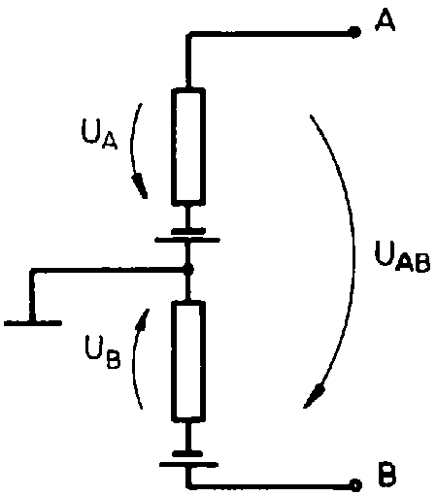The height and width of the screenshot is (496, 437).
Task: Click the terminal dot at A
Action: tap(354, 32)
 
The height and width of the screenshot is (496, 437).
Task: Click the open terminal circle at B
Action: tap(355, 485)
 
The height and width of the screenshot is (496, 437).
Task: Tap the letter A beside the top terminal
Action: tap(385, 20)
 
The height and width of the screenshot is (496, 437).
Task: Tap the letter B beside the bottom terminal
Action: tap(387, 475)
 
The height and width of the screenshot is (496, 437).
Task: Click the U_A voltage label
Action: tap(99, 134)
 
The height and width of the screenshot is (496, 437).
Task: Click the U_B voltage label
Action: tap(103, 351)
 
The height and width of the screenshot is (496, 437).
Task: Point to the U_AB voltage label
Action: tap(402, 256)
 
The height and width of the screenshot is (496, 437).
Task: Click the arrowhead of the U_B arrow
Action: tap(143, 319)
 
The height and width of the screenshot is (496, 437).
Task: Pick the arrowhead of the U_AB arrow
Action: tap(314, 396)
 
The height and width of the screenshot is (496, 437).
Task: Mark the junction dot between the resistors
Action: tap(188, 269)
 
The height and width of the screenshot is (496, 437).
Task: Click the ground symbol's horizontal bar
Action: tap(33, 322)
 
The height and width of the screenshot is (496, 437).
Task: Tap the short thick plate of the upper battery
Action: tap(188, 231)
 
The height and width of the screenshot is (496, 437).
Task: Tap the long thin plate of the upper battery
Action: tap(187, 240)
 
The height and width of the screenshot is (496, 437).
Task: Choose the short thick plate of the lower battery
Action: tap(187, 453)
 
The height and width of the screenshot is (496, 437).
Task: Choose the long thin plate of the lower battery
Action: tap(188, 465)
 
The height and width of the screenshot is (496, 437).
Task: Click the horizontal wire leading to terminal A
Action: tap(270, 33)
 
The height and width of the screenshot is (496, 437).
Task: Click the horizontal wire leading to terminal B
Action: tap(270, 485)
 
